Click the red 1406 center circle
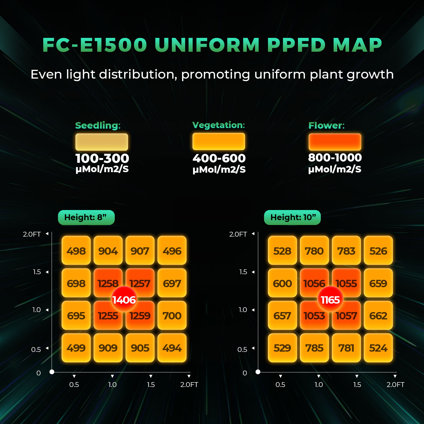124,299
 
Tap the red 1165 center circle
330,299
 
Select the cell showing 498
76,251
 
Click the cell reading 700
172,315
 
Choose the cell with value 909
108,348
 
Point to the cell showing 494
172,348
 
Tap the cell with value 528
282,251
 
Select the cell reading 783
346,251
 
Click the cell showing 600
282,283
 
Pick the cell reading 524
378,348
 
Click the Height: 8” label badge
86,217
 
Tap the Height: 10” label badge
292,217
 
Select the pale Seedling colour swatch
102,142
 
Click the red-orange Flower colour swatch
335,142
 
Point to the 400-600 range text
219,158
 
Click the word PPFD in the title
296,45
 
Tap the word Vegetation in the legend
219,125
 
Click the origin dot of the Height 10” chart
258,372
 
